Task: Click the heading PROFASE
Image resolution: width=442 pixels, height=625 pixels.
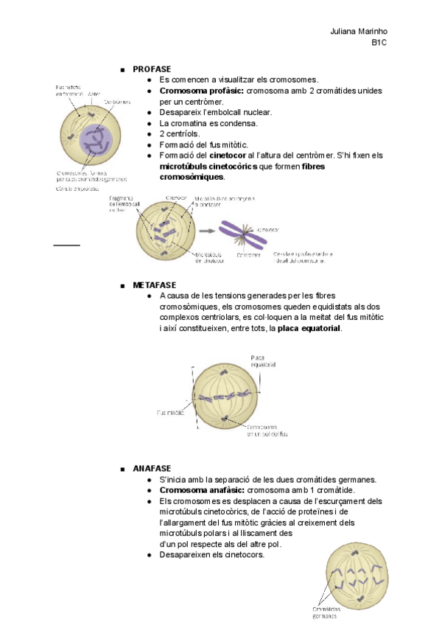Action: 152,69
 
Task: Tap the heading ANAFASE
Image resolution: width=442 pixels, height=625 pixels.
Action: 152,469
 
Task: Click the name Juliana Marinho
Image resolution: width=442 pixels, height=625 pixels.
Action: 359,32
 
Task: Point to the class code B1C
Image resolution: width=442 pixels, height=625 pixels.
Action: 379,43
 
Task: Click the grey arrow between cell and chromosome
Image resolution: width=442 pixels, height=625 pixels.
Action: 207,229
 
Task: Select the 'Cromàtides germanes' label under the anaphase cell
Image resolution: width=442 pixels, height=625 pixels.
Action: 329,613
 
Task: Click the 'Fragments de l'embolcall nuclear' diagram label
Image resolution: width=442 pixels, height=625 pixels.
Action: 123,204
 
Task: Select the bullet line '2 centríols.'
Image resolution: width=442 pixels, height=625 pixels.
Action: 178,134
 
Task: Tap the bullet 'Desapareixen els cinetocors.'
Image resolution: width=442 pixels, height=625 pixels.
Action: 211,554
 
